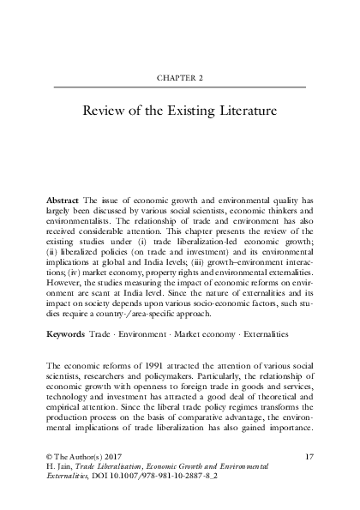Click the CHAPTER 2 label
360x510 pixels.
(180, 75)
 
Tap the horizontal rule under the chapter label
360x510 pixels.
(180, 87)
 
